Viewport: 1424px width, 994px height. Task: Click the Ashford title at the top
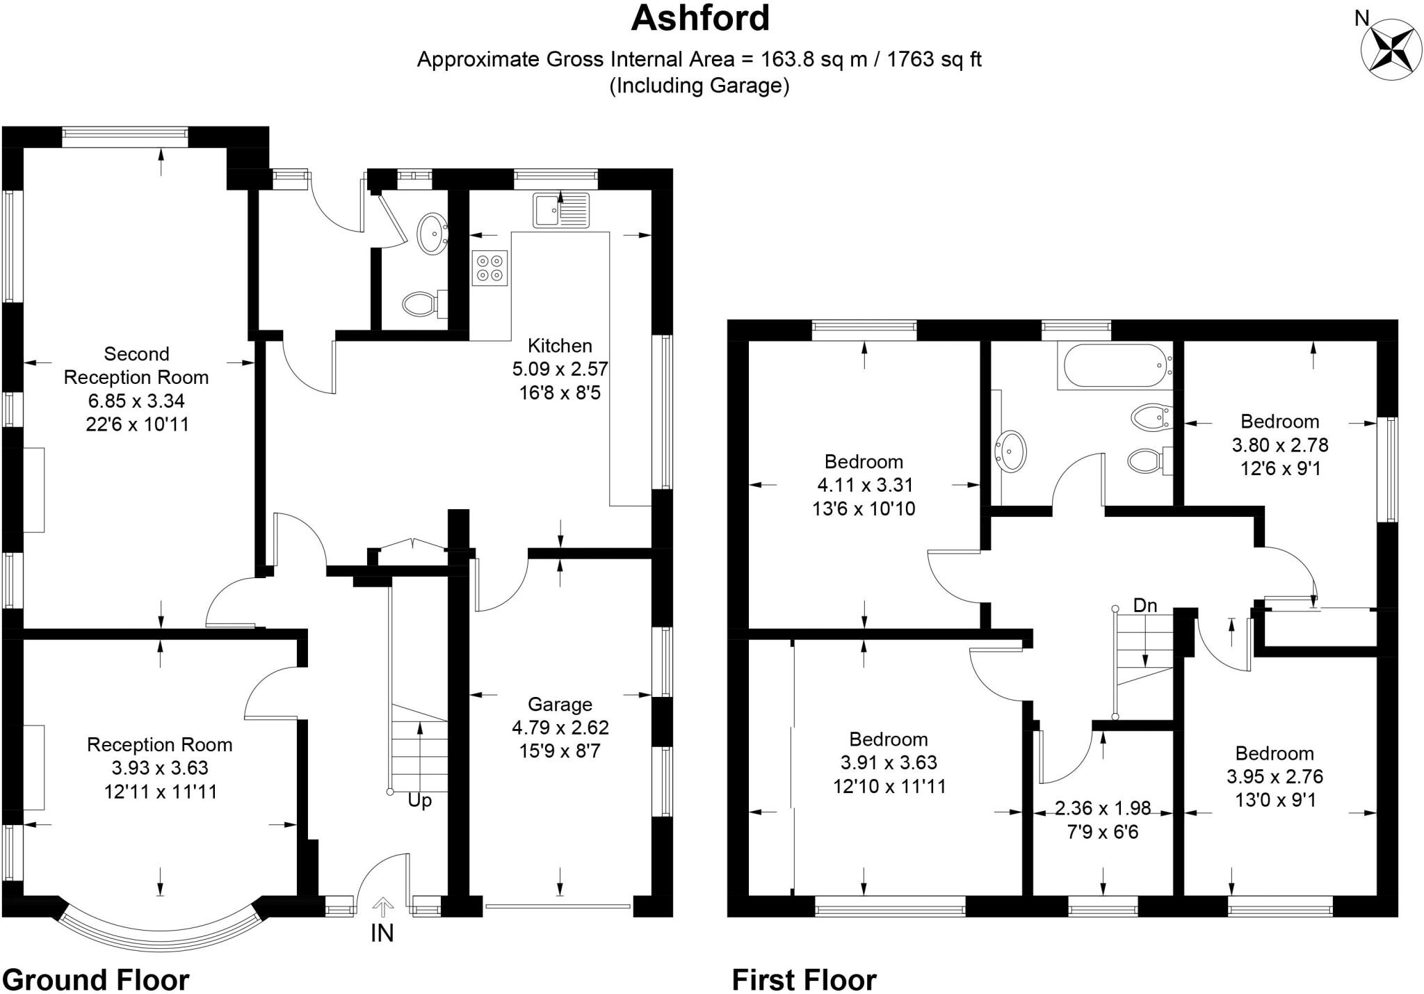(x=699, y=19)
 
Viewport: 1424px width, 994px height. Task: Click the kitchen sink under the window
(x=560, y=210)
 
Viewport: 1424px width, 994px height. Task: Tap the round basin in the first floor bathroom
(x=1010, y=451)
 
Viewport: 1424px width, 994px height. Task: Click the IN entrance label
(x=382, y=933)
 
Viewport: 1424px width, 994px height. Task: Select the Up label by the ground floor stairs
(x=419, y=801)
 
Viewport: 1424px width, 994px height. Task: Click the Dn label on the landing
(x=1144, y=606)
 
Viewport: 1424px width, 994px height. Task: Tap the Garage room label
(x=560, y=705)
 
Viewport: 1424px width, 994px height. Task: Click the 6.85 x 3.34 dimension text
(x=136, y=401)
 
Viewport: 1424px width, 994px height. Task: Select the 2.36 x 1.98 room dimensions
(x=1103, y=808)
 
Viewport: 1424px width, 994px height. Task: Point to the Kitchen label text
(x=560, y=346)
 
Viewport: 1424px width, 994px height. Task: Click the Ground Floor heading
(x=96, y=979)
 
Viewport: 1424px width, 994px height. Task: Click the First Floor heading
(x=804, y=980)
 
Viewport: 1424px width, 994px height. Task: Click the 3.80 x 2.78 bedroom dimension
(x=1280, y=444)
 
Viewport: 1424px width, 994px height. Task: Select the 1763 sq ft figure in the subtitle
(x=934, y=60)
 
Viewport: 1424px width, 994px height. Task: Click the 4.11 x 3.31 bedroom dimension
(x=865, y=485)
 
